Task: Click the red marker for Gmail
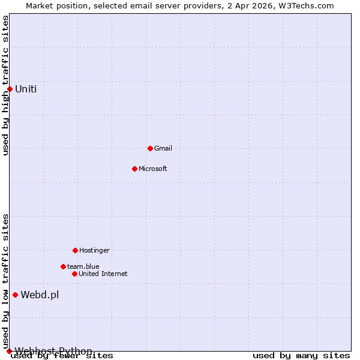pyautogui.click(x=150, y=148)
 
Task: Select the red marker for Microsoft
pyautogui.click(x=134, y=169)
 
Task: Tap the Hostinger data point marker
pyautogui.click(x=75, y=250)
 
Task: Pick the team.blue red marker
pyautogui.click(x=63, y=266)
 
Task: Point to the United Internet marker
pyautogui.click(x=74, y=274)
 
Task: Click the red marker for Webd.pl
pyautogui.click(x=15, y=295)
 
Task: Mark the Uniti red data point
pyautogui.click(x=10, y=89)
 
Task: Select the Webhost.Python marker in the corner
pyautogui.click(x=9, y=351)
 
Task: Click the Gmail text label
pyautogui.click(x=163, y=148)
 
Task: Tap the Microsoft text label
pyautogui.click(x=153, y=169)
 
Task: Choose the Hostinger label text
pyautogui.click(x=94, y=250)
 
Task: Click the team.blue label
pyautogui.click(x=83, y=266)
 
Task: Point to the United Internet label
pyautogui.click(x=103, y=274)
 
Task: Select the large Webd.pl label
pyautogui.click(x=40, y=295)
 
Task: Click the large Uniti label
pyautogui.click(x=26, y=89)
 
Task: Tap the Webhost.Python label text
pyautogui.click(x=53, y=351)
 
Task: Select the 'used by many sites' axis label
pyautogui.click(x=301, y=356)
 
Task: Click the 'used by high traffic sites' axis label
pyautogui.click(x=5, y=85)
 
